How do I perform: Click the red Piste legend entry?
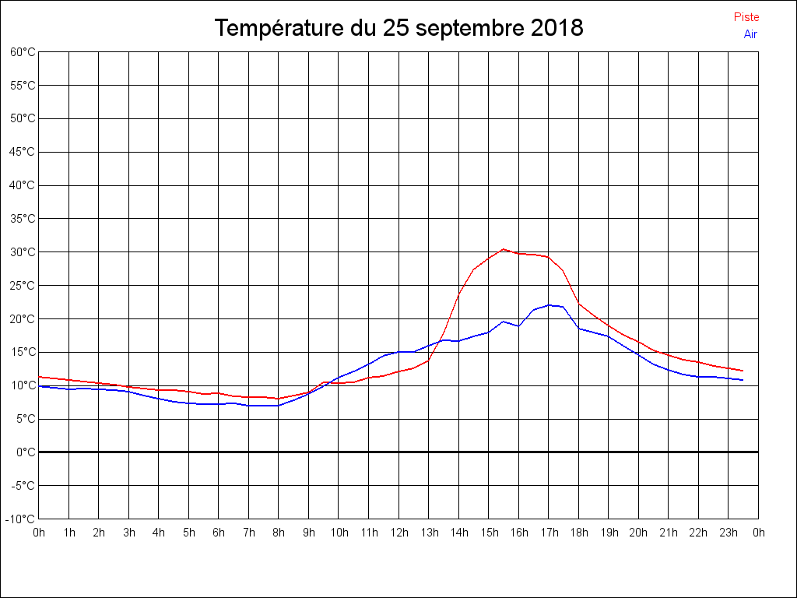pos(746,17)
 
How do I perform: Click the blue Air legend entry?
pos(750,34)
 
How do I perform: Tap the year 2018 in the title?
pos(556,29)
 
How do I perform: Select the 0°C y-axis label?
pos(26,452)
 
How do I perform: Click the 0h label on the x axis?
pos(39,533)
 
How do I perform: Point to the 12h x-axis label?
pos(398,533)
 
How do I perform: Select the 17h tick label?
pos(549,533)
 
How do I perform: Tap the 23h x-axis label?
pos(729,533)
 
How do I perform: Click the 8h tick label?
pos(279,533)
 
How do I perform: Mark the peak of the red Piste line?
pos(504,249)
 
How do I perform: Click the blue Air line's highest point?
pos(549,305)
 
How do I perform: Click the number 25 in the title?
pos(395,29)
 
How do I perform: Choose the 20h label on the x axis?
pos(638,533)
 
